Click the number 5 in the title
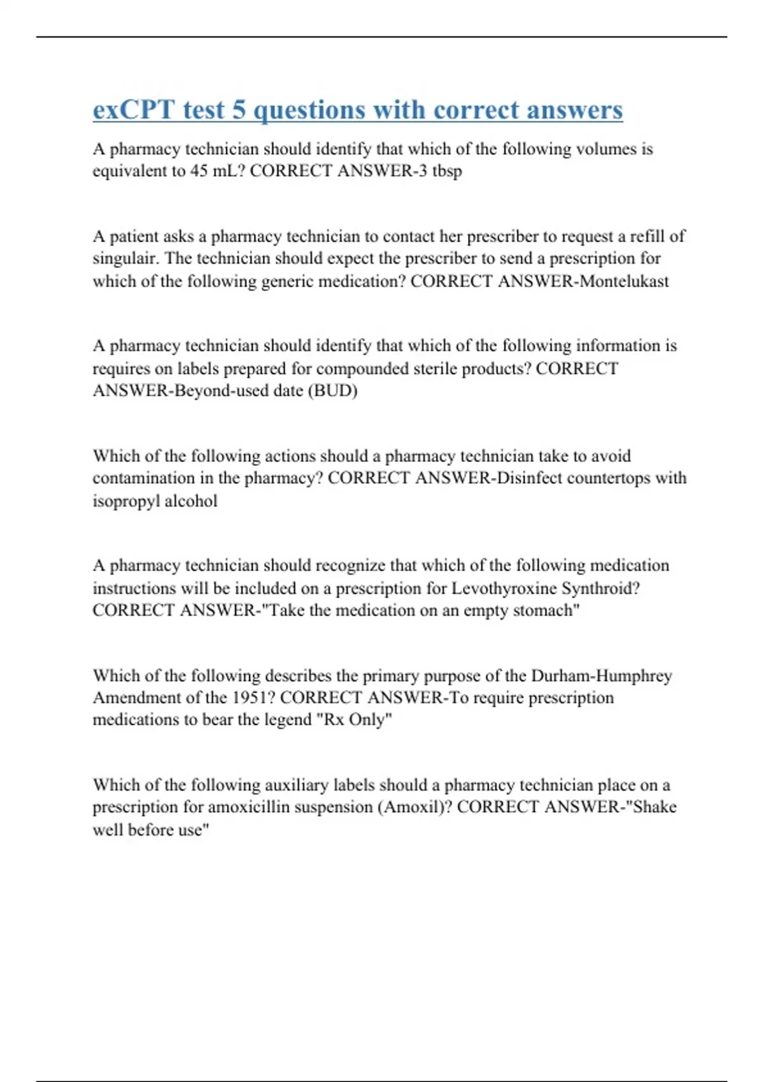(239, 109)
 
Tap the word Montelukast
(624, 281)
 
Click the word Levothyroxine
(503, 588)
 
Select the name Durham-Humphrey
(602, 675)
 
